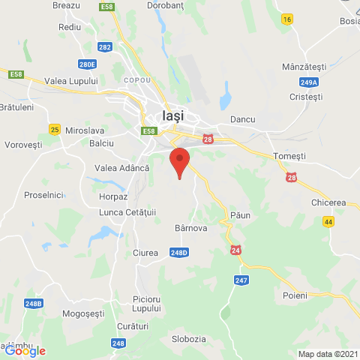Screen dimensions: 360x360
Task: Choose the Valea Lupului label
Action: point(71,81)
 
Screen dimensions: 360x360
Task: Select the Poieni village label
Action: point(295,295)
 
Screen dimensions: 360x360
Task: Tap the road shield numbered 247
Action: point(241,280)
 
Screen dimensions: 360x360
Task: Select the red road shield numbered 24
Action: point(237,250)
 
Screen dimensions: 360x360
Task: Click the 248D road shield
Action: point(178,253)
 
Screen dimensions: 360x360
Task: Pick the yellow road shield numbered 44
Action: point(328,222)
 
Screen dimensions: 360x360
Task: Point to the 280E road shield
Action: point(87,64)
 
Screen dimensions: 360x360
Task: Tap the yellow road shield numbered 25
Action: point(54,130)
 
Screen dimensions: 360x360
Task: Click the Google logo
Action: point(25,350)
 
